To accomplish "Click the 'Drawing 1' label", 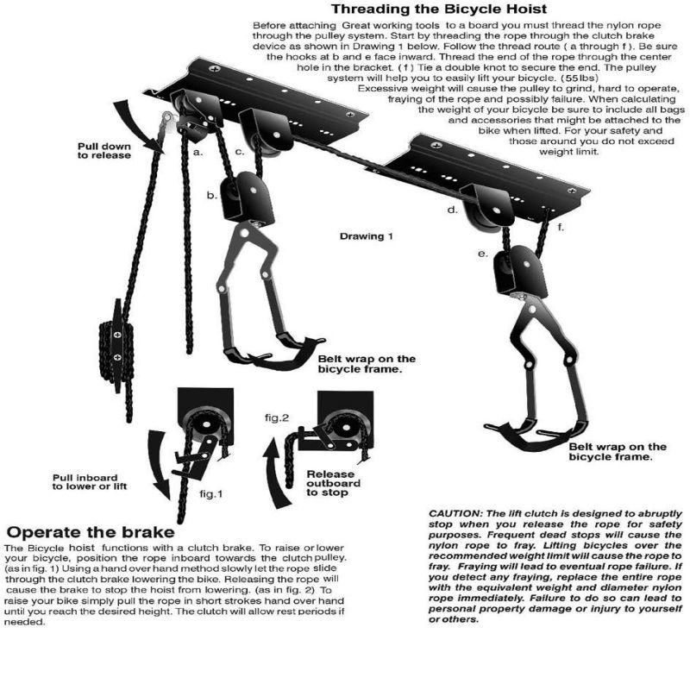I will [366, 235].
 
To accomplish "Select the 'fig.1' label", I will [211, 495].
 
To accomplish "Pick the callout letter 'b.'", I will [210, 196].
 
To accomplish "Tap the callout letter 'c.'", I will [241, 153].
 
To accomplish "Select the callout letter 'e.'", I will [483, 254].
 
